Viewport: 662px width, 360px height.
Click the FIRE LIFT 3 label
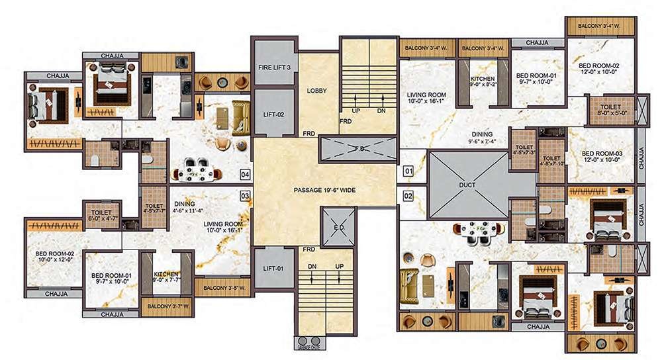[x=274, y=67]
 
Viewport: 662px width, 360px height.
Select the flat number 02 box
[x=408, y=196]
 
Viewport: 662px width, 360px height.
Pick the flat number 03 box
[x=244, y=196]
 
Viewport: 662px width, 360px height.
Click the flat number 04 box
[x=244, y=175]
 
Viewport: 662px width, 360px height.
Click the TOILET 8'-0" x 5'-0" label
[x=610, y=109]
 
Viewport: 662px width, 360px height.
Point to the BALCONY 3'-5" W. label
[x=224, y=289]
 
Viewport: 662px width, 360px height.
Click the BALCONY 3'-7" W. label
[x=167, y=305]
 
